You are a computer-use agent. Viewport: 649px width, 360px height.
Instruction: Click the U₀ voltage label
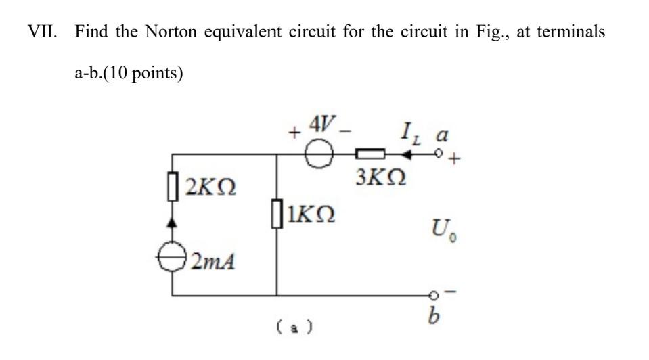click(x=436, y=235)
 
